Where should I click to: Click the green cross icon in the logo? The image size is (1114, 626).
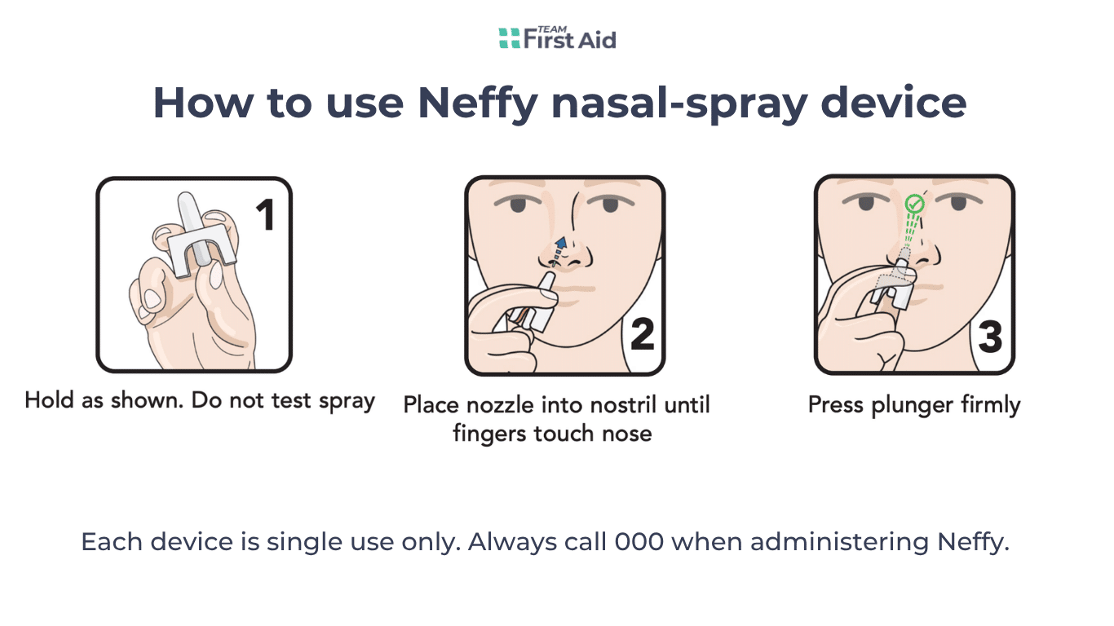point(509,37)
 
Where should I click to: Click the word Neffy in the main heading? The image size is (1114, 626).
point(479,104)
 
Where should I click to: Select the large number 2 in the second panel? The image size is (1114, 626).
point(643,335)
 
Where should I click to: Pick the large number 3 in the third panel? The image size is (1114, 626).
point(990,336)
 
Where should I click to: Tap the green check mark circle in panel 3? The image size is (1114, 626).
point(915,202)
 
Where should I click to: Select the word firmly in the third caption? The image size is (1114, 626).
point(990,405)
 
